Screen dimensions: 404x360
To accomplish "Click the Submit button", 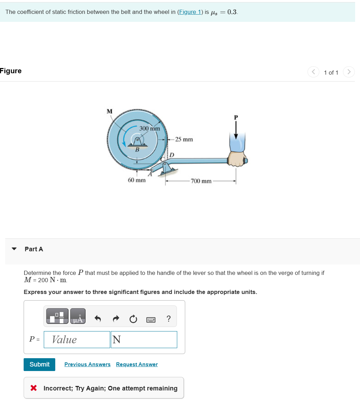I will click(x=39, y=364).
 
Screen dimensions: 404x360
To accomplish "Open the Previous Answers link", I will click(x=87, y=364).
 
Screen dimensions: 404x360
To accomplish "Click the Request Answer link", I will click(x=137, y=364).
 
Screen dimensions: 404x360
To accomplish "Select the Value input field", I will click(x=77, y=339).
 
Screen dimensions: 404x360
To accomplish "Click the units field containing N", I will click(x=144, y=339).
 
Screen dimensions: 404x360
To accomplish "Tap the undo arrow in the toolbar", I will click(x=98, y=319).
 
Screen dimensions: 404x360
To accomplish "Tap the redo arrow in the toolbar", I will click(x=116, y=319).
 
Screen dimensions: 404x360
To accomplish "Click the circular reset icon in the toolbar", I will click(x=133, y=319).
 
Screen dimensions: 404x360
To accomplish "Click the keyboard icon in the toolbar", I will click(x=150, y=319).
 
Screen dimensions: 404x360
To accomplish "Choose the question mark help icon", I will click(x=169, y=319).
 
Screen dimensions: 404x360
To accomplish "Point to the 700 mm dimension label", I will click(x=201, y=181).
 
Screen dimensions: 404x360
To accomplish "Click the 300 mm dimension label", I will click(x=149, y=128).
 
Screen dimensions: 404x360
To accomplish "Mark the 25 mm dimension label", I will click(x=184, y=140).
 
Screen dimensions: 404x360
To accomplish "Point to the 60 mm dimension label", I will click(x=137, y=180).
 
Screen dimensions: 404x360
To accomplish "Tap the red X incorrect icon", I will click(x=34, y=388).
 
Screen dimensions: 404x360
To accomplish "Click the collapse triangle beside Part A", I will click(x=14, y=249).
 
